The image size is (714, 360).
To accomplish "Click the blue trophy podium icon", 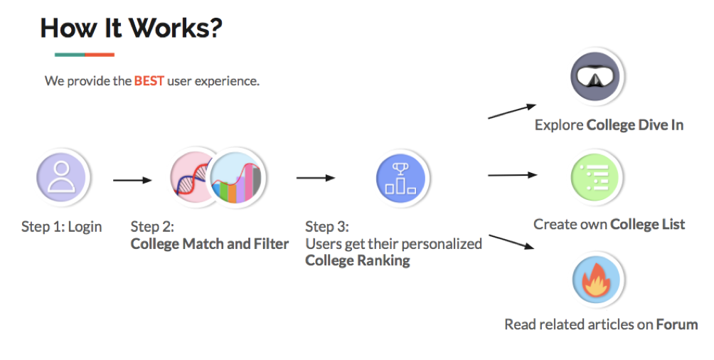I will pyautogui.click(x=404, y=178).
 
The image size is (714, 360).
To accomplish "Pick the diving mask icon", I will pyautogui.click(x=597, y=76).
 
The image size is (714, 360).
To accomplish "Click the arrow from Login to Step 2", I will pyautogui.click(x=132, y=180).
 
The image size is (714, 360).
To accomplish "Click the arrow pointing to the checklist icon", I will pyautogui.click(x=511, y=174).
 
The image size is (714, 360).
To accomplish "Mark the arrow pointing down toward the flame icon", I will pyautogui.click(x=511, y=242).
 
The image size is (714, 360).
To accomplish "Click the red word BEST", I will pyautogui.click(x=149, y=81).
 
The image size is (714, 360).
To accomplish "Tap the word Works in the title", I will pyautogui.click(x=176, y=28).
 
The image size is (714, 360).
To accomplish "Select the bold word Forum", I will pyautogui.click(x=677, y=324).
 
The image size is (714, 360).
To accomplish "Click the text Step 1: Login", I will pyautogui.click(x=62, y=227).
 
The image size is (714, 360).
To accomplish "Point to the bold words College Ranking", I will pyautogui.click(x=358, y=260).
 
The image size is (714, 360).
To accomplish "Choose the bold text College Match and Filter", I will pyautogui.click(x=210, y=244).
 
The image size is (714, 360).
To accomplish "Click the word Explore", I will pyautogui.click(x=559, y=125).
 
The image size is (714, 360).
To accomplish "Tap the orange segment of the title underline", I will pyautogui.click(x=100, y=55).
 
